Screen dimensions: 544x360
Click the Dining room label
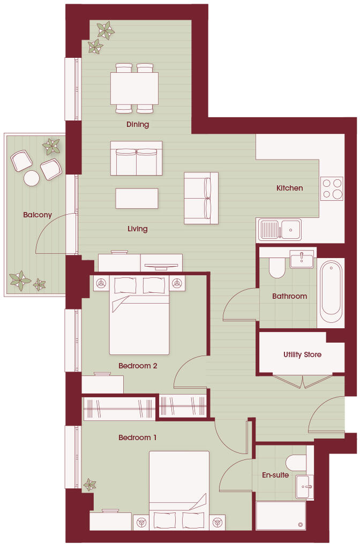coord(137,124)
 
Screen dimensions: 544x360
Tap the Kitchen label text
coord(289,188)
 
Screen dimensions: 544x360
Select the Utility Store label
coord(302,354)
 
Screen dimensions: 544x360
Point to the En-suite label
coord(275,475)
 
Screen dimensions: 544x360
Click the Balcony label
coord(37,215)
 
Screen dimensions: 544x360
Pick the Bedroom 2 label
coord(138,366)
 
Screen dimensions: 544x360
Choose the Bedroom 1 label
coord(138,437)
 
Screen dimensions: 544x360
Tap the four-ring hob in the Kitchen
coord(331,188)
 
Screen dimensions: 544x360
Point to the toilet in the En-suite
coord(296,462)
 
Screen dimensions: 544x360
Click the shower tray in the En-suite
coord(281,515)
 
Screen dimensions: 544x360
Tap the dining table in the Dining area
coord(134,88)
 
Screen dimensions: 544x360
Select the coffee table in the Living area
coord(137,198)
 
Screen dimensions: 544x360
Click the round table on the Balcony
coord(32,178)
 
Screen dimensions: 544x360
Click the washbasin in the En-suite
coord(304,487)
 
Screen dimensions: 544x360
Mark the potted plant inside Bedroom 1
coord(89,485)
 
